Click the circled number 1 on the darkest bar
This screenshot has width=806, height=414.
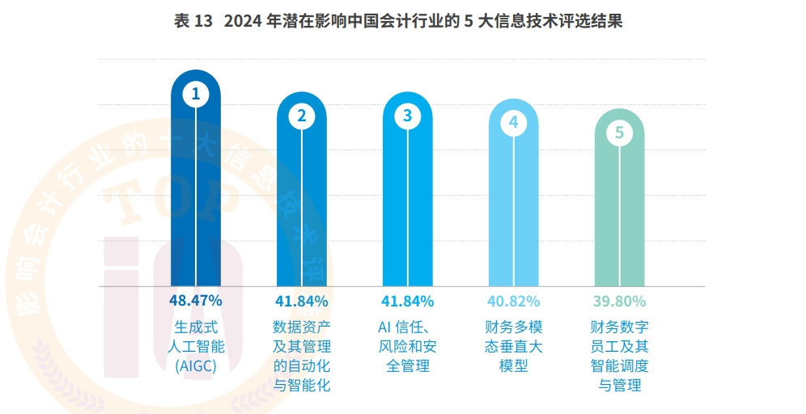coord(195,94)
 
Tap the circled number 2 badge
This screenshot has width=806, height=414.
coord(302,116)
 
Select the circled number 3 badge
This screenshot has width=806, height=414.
coord(408,116)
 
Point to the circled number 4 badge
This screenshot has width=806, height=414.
coord(514,123)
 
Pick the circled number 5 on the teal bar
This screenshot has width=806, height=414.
coord(620,133)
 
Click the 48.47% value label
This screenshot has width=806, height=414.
coord(195,301)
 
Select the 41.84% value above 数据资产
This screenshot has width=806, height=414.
coord(302,302)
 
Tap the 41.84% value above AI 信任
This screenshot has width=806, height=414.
coord(408,302)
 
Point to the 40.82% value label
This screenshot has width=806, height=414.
coord(514,302)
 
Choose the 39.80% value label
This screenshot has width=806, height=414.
coord(620,302)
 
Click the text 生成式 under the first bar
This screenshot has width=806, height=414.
coord(195,327)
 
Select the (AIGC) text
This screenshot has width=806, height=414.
coord(195,366)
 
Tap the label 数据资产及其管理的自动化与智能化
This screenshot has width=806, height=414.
coord(302,357)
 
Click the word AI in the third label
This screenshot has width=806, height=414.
coord(385,327)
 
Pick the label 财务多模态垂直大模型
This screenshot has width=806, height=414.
coord(514,347)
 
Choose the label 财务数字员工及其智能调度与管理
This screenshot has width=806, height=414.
coord(620,357)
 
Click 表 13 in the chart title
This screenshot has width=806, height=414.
coord(193,22)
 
